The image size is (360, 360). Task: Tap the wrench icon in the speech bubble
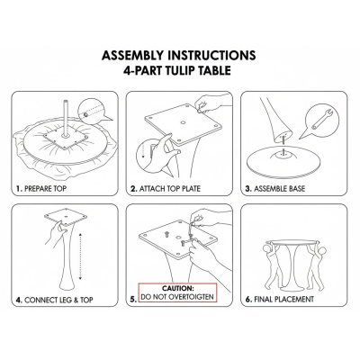pyautogui.click(x=322, y=120)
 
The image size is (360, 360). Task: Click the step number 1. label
pyautogui.click(x=20, y=189)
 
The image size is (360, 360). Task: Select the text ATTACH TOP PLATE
pyautogui.click(x=169, y=189)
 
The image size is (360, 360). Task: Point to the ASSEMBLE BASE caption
pyautogui.click(x=279, y=189)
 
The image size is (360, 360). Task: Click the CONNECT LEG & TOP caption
pyautogui.click(x=58, y=300)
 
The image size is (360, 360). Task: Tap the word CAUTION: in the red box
pyautogui.click(x=178, y=289)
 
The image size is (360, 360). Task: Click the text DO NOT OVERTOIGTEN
pyautogui.click(x=177, y=297)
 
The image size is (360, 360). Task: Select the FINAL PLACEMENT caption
pyautogui.click(x=283, y=299)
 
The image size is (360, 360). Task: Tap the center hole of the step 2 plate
pyautogui.click(x=183, y=122)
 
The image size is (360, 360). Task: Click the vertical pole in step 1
pyautogui.click(x=66, y=120)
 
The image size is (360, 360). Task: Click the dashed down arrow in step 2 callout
pyautogui.click(x=143, y=150)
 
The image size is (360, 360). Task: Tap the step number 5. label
pyautogui.click(x=134, y=299)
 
